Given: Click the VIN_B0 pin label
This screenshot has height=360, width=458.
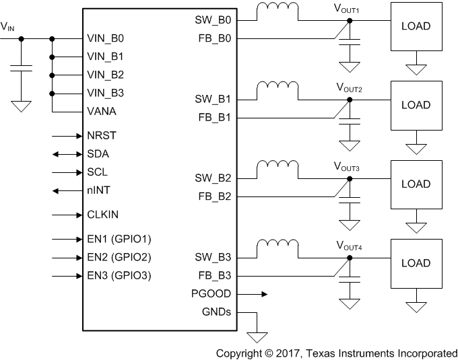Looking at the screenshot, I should pyautogui.click(x=106, y=38).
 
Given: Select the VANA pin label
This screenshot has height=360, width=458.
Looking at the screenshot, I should pyautogui.click(x=102, y=111).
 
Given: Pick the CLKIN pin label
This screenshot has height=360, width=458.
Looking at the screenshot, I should pyautogui.click(x=104, y=215).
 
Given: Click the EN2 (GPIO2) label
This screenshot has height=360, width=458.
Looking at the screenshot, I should pyautogui.click(x=119, y=257).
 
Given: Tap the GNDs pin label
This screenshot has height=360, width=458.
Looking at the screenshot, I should pyautogui.click(x=216, y=312).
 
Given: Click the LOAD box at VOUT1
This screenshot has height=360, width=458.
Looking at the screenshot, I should pyautogui.click(x=416, y=26).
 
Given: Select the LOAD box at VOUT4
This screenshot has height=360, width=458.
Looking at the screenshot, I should pyautogui.click(x=416, y=263).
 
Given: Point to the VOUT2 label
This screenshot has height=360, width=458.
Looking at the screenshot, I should pyautogui.click(x=350, y=88).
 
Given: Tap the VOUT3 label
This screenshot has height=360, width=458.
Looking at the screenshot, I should pyautogui.click(x=350, y=168).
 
